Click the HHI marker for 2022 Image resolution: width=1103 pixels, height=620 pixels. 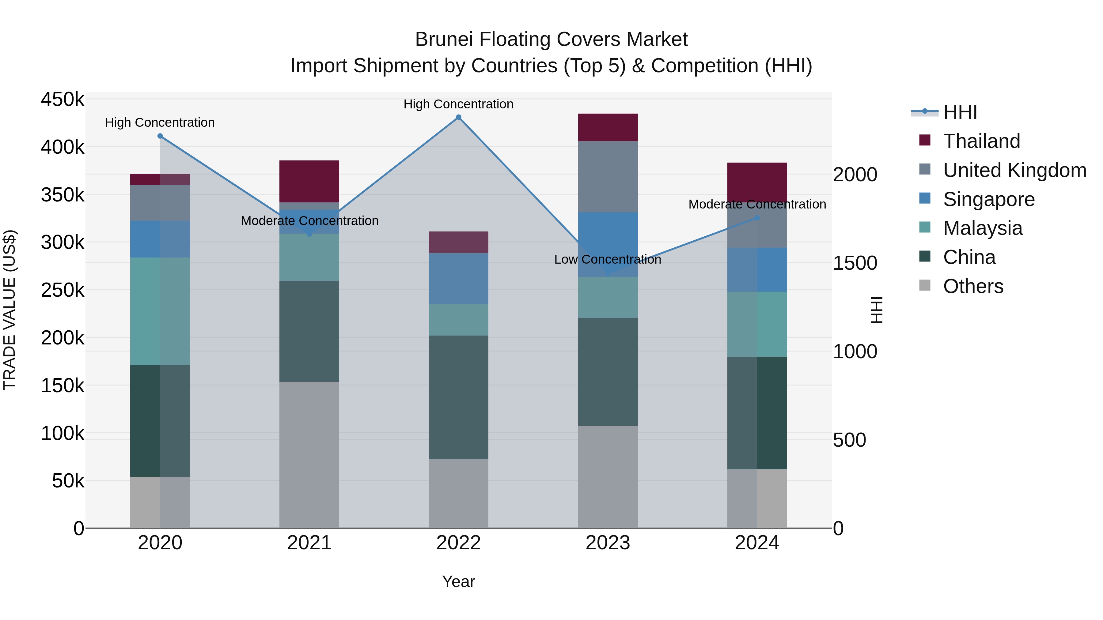[x=459, y=117]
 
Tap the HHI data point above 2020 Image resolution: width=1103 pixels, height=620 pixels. [x=160, y=136]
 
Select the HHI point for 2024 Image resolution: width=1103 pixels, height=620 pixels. [x=757, y=218]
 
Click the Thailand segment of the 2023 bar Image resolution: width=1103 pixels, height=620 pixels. [x=608, y=127]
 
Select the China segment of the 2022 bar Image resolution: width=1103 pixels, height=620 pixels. [x=459, y=397]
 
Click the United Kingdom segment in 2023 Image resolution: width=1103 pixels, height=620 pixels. [x=608, y=177]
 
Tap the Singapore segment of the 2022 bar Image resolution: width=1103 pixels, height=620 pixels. [x=459, y=279]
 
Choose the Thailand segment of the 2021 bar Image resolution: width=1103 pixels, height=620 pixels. [x=309, y=182]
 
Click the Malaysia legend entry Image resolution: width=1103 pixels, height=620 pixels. [x=983, y=228]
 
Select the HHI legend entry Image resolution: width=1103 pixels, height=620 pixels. [x=960, y=112]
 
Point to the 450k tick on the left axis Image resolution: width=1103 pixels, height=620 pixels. [x=63, y=99]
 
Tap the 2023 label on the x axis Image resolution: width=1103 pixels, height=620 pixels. [x=608, y=543]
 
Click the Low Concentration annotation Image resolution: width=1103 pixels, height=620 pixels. [x=608, y=259]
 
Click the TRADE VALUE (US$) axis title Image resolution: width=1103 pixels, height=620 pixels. [x=9, y=310]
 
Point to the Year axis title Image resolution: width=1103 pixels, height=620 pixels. [x=459, y=581]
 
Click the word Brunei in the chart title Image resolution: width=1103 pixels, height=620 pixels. [x=444, y=39]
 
